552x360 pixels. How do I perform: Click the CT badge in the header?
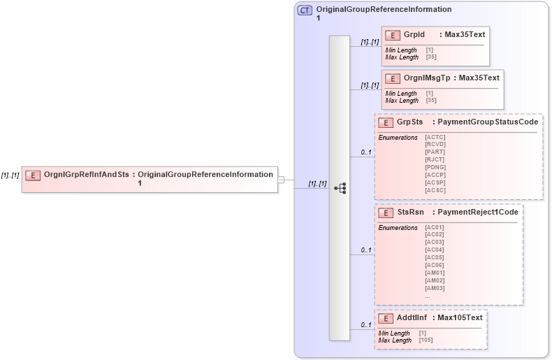305,10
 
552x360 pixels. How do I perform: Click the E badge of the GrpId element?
393,34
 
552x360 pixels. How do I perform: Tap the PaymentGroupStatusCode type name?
488,122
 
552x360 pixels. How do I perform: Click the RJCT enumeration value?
435,159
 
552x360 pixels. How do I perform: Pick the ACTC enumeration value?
435,137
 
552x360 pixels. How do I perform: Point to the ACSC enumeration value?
435,190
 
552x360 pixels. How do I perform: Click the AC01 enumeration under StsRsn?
434,227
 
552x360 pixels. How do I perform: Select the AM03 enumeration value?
434,288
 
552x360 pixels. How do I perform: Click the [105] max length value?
427,340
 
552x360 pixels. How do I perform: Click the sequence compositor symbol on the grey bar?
340,188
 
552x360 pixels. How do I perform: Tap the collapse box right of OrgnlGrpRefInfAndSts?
281,179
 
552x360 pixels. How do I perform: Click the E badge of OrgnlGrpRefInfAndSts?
32,175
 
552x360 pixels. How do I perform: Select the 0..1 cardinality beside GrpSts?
365,152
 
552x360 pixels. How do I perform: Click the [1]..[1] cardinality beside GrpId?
370,42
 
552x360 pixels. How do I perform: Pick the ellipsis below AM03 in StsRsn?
427,296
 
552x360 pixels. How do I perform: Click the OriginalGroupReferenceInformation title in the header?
384,10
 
